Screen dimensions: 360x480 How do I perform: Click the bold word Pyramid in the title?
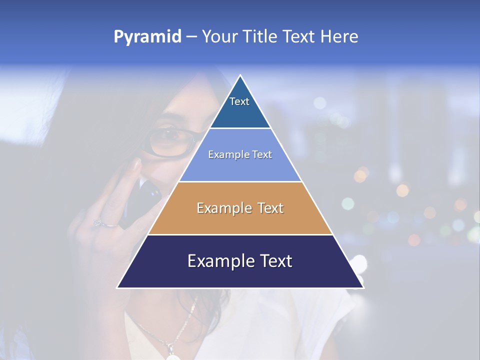147,37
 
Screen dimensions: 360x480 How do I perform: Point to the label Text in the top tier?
239,101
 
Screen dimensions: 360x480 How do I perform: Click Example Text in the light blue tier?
240,154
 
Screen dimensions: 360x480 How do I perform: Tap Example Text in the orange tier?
240,208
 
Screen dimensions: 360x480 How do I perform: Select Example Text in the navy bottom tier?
240,261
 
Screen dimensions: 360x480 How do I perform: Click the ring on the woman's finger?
98,223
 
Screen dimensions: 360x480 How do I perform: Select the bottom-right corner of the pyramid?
363,287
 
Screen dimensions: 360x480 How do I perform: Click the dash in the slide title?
191,36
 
